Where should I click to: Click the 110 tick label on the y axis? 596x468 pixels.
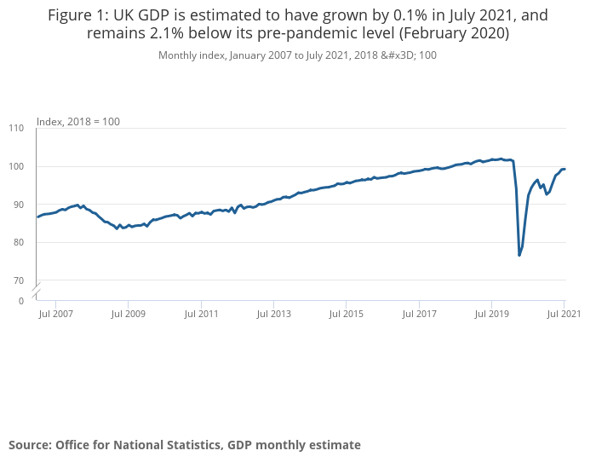tap(16, 128)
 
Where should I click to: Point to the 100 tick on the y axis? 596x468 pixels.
tap(16, 166)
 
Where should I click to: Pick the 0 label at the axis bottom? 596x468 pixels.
tap(21, 301)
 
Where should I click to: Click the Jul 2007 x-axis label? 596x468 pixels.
tap(55, 314)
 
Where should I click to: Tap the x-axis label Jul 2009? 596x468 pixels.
tap(128, 314)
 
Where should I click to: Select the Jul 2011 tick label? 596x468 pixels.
tap(200, 314)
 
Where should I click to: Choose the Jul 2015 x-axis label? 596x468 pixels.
tap(346, 314)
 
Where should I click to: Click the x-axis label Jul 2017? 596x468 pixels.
tap(418, 314)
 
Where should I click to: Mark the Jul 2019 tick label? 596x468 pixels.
tap(491, 314)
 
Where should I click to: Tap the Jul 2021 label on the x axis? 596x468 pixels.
tap(563, 314)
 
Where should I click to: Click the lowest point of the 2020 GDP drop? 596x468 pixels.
tap(519, 255)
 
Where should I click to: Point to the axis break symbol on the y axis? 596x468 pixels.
tap(37, 292)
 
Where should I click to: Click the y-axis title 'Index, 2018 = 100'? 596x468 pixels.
tap(78, 122)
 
